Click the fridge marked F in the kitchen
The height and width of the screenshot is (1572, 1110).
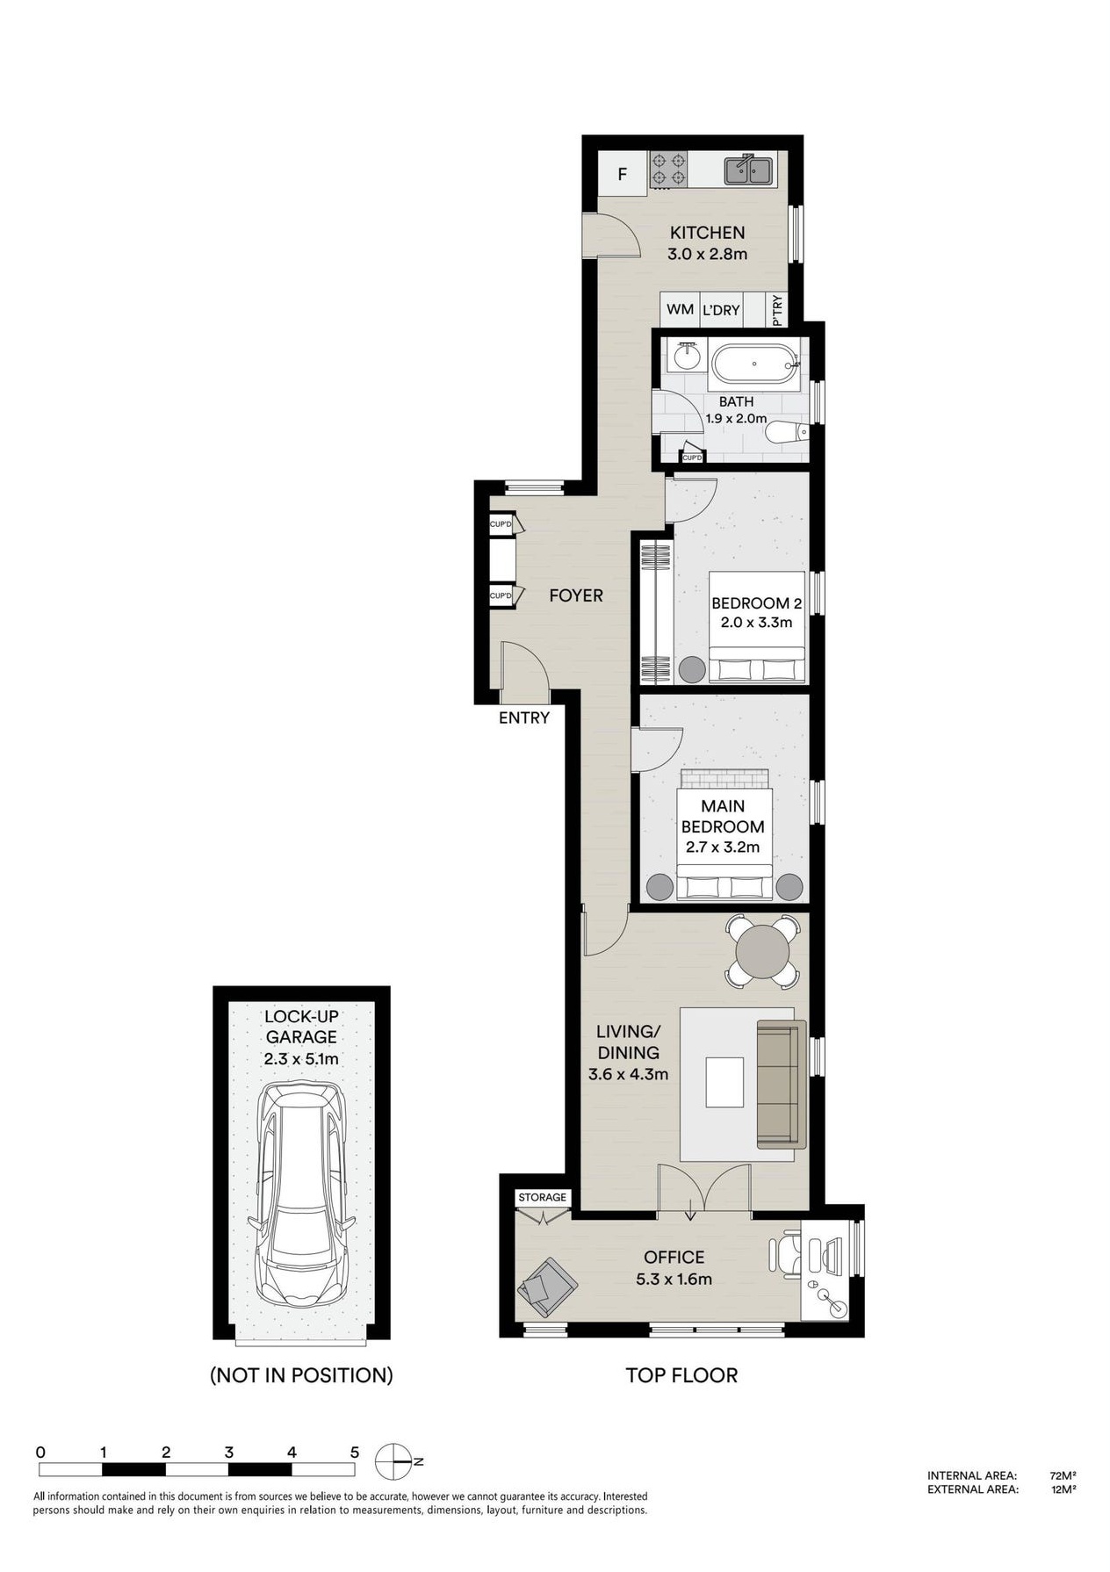coord(623,173)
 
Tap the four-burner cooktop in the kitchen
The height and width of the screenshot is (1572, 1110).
coord(669,169)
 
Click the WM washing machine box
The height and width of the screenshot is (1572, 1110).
coord(681,309)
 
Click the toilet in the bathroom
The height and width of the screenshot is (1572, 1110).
coord(786,433)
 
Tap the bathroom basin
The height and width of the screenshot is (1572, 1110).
coord(687,357)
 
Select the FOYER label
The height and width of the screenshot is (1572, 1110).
coord(576,595)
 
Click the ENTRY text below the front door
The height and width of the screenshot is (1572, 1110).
coord(524,717)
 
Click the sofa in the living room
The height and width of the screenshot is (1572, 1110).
coord(782,1084)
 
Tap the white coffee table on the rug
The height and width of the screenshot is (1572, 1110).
coord(724,1083)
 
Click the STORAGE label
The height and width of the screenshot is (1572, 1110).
coord(543,1197)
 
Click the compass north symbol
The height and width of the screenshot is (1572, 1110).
coord(394,1461)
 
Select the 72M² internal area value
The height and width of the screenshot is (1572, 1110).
coord(1063,1475)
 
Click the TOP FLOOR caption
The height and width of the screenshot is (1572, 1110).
coord(681,1375)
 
